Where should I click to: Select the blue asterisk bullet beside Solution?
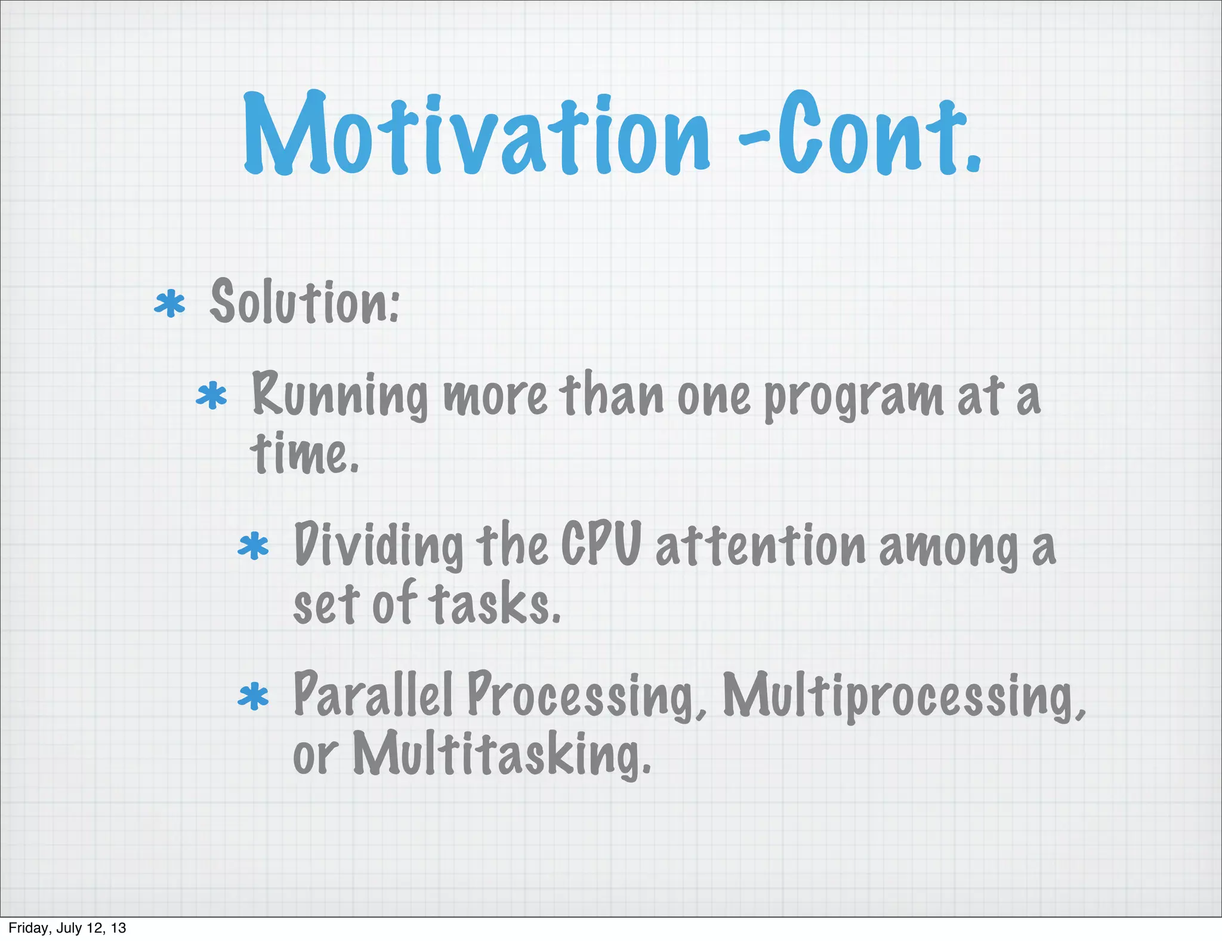tap(169, 304)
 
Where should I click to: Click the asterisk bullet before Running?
tap(212, 396)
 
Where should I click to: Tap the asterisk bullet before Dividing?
tap(254, 546)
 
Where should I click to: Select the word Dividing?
tap(378, 545)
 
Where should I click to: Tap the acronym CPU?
tap(601, 543)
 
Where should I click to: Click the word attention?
tap(761, 545)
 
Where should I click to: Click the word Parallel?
tap(373, 694)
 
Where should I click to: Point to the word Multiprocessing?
tap(903, 696)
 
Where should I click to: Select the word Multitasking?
tap(502, 754)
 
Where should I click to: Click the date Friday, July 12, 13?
tap(67, 928)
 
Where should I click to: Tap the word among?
tap(949, 547)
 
